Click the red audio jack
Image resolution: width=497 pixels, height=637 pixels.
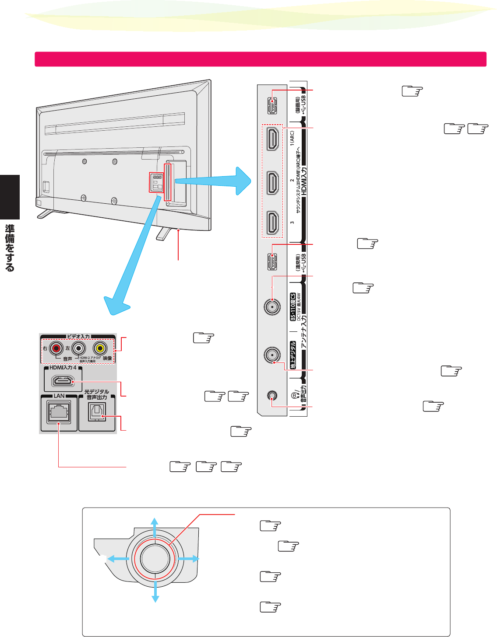point(56,348)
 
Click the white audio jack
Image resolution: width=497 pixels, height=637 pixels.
point(78,348)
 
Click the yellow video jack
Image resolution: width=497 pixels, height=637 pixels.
point(100,348)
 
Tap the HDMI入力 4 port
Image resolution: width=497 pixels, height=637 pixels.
point(63,381)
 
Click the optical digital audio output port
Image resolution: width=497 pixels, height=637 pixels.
point(97,412)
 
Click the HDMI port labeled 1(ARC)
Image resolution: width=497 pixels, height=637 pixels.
point(272,139)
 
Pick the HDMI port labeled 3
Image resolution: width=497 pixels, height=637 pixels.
point(272,223)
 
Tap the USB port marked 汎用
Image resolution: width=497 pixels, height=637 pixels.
point(272,262)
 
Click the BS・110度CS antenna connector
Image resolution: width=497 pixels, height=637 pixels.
point(272,306)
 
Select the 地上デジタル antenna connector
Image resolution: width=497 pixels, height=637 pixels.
point(272,355)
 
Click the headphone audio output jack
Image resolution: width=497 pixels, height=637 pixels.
point(272,396)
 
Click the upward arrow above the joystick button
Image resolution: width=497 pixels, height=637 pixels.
point(155,526)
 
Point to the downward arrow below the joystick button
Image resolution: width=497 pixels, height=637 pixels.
point(155,593)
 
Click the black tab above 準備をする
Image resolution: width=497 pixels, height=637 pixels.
point(10,197)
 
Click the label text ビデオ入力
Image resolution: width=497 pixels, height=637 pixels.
point(78,336)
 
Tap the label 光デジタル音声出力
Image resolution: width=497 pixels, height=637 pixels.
point(97,394)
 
